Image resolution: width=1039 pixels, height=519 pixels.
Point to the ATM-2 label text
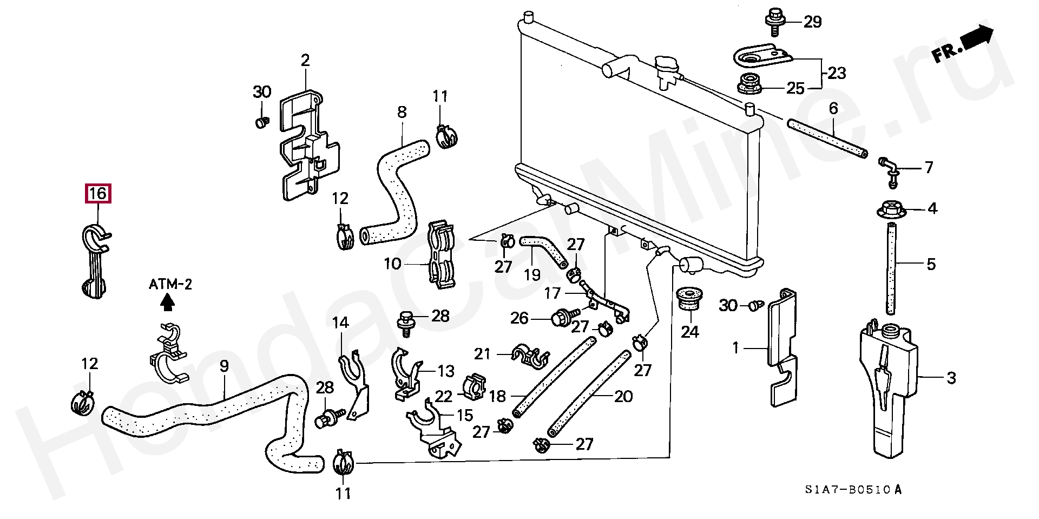click(170, 284)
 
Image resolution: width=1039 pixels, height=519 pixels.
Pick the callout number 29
click(812, 22)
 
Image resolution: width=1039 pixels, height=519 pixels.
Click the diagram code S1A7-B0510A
click(852, 490)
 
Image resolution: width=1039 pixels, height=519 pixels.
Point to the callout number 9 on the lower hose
click(224, 366)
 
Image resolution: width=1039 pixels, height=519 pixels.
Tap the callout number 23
click(837, 73)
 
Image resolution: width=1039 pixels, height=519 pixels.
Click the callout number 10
click(392, 264)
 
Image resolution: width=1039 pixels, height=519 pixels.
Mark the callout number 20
click(624, 397)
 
